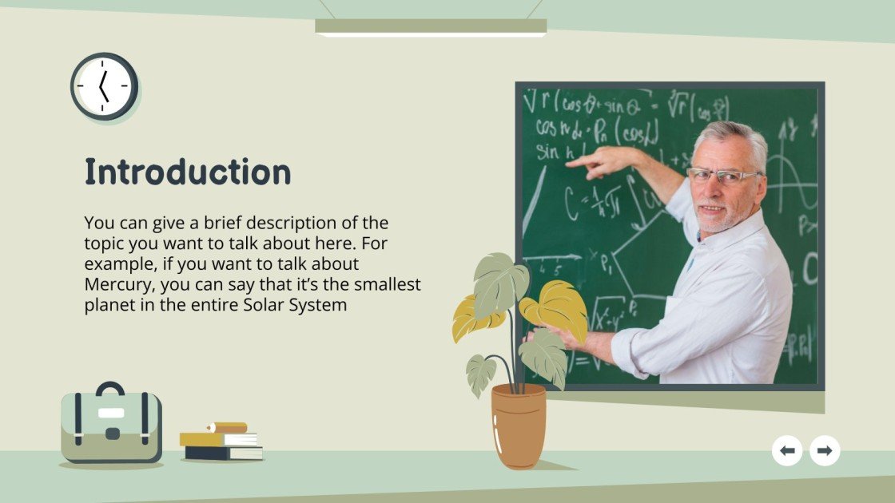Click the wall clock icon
pos(104,86)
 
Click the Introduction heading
pos(188,172)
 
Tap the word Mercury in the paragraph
pos(119,283)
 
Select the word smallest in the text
pos(385,283)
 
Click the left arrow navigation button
pos(787,451)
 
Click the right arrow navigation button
pos(825,451)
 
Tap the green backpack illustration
pos(111,427)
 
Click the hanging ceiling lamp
pos(431,27)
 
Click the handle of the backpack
pos(110,388)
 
